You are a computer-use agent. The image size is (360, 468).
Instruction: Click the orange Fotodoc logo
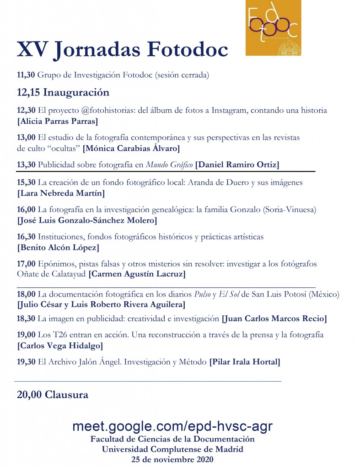(273, 28)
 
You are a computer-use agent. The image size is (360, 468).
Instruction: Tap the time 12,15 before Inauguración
(28, 92)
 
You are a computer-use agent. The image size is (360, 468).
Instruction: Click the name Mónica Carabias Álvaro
(131, 148)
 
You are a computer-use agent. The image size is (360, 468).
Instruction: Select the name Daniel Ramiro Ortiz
(237, 165)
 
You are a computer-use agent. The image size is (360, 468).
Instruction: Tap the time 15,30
(26, 183)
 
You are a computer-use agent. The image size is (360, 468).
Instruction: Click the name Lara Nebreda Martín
(61, 193)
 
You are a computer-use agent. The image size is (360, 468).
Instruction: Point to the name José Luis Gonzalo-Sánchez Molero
(87, 221)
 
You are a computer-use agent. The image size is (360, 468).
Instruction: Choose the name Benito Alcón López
(58, 248)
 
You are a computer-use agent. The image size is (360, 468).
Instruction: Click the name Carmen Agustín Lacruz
(137, 275)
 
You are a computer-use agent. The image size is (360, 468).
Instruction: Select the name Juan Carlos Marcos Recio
(274, 319)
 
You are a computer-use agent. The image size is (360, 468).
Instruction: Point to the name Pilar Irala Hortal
(245, 362)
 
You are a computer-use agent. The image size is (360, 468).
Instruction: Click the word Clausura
(66, 395)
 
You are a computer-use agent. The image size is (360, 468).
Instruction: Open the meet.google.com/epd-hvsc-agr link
(172, 426)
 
